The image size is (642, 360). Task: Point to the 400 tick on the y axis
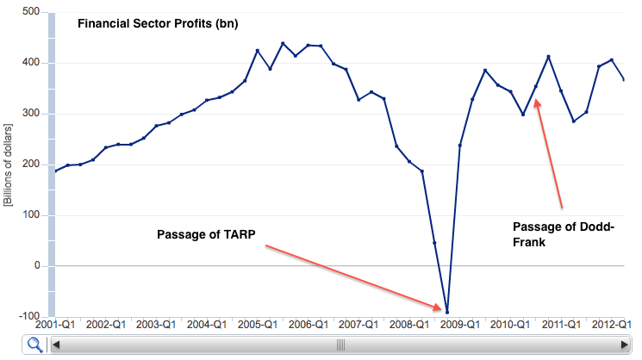pos(30,63)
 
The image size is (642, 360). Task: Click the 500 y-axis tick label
pos(30,12)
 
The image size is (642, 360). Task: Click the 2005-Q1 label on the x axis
pos(258,326)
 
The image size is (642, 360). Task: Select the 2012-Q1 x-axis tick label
pos(612,326)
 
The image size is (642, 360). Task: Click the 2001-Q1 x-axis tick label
pos(55,326)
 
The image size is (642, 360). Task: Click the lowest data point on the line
pos(447,312)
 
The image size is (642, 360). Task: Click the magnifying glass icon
pos(35,344)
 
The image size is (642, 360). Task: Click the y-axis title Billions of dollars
pos(10,164)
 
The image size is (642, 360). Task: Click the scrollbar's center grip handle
pos(340,344)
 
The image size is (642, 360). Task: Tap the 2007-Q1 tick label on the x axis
pos(359,326)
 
